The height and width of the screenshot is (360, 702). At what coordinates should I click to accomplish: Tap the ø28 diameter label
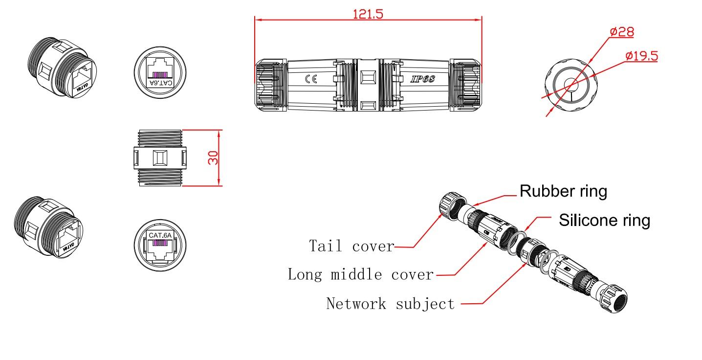622,32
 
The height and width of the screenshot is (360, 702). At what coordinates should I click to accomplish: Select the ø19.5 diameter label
641,55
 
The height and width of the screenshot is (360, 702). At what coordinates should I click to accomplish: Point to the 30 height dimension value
213,157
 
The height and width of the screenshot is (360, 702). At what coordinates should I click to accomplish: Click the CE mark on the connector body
311,79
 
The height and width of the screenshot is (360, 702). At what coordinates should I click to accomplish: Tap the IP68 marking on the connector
422,79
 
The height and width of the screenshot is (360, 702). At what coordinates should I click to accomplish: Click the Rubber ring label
563,191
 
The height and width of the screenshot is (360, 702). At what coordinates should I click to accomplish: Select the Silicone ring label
604,220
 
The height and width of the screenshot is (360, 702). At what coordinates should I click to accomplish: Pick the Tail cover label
351,246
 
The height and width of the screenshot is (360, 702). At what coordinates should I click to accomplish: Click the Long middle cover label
360,274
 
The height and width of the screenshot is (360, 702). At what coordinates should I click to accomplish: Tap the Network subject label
390,304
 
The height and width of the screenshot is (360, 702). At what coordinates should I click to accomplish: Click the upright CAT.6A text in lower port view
160,235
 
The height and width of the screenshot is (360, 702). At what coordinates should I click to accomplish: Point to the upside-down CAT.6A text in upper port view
160,83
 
